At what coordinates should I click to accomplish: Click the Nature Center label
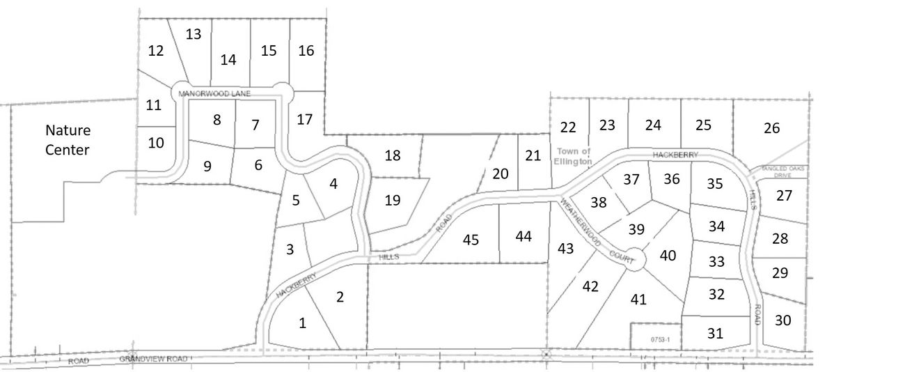coord(68,139)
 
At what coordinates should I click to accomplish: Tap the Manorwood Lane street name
coord(214,93)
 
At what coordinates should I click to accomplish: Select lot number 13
coord(194,33)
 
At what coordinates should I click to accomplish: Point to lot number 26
coord(771,128)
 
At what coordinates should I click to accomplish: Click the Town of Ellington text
coord(574,156)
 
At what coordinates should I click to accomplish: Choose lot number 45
coord(471,240)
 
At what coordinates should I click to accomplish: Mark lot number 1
coord(301,323)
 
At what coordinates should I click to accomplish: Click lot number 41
coord(638,300)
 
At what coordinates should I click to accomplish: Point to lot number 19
coord(393,201)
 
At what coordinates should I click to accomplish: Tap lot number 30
coord(782,320)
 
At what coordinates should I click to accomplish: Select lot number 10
coord(157,143)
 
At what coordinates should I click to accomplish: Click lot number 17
coord(304,119)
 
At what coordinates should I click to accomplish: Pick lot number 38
coord(599,203)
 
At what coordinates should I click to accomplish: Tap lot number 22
coord(568,127)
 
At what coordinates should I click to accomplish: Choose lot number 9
coord(207,166)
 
